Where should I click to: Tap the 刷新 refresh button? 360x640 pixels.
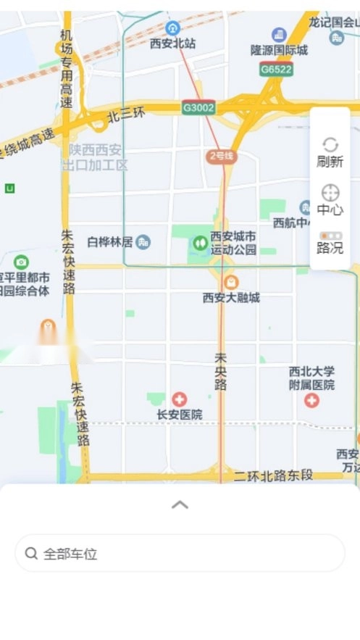click(330, 152)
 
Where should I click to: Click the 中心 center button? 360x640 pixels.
click(330, 200)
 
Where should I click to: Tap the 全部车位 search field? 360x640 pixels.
click(180, 554)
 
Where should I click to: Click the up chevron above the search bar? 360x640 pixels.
click(180, 504)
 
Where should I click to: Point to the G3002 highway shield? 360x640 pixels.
click(198, 107)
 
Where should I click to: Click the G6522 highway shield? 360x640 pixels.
click(276, 70)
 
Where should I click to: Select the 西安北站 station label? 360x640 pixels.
click(172, 43)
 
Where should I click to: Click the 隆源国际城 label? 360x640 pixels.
click(279, 50)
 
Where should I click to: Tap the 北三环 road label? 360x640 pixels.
click(126, 114)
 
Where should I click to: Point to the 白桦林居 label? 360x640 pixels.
click(110, 241)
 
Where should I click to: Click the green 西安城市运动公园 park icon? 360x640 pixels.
click(199, 243)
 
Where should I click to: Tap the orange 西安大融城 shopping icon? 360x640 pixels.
click(230, 281)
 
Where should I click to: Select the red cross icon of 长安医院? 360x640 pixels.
click(179, 399)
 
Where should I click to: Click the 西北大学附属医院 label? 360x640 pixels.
click(311, 378)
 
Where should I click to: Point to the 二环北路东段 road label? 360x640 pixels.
click(273, 475)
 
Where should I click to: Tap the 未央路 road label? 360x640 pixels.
click(220, 372)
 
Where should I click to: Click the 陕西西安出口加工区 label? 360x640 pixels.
click(95, 157)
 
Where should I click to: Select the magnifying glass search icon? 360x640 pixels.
click(31, 554)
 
